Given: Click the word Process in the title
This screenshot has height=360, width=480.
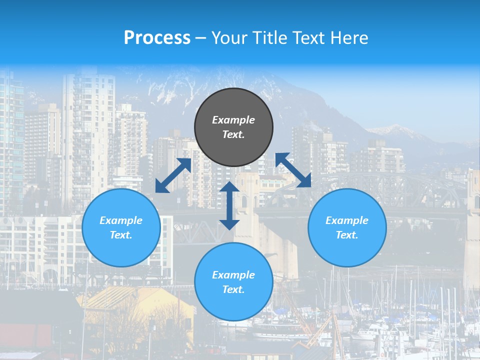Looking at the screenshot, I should tap(157, 38).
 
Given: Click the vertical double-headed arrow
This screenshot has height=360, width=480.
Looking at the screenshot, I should tap(229, 205).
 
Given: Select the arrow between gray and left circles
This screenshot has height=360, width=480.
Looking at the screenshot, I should tap(173, 175).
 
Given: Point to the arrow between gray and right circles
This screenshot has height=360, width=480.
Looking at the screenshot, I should tap(293, 170).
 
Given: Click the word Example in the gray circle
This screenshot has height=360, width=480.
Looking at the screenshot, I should tap(233, 120).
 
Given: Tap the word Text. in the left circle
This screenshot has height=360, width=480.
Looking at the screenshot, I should tap(121, 235).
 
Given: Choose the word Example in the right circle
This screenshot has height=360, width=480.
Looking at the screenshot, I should tap(347, 220).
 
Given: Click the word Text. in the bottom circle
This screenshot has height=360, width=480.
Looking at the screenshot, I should tap(233, 289).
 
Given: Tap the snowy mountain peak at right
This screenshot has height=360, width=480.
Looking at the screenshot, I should tap(395, 131).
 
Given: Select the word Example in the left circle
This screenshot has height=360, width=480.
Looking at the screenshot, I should tap(121, 220).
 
